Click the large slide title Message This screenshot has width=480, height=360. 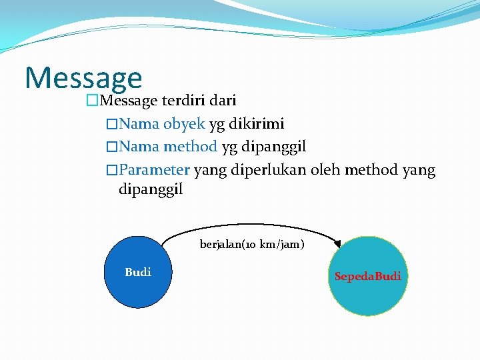(x=83, y=77)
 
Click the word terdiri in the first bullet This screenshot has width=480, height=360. (x=183, y=101)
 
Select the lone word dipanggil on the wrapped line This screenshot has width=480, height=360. (x=150, y=190)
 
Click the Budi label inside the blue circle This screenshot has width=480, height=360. (x=138, y=272)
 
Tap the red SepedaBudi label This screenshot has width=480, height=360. (x=368, y=276)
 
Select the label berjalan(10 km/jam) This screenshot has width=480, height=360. (x=252, y=245)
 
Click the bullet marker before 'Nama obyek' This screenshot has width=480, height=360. (x=112, y=124)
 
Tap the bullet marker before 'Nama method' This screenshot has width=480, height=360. (x=112, y=147)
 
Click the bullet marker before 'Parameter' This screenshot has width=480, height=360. (x=112, y=170)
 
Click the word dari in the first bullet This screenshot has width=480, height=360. (x=223, y=101)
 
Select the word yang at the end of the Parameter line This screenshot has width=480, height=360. (x=419, y=170)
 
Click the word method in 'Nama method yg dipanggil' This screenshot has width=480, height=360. (x=190, y=147)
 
